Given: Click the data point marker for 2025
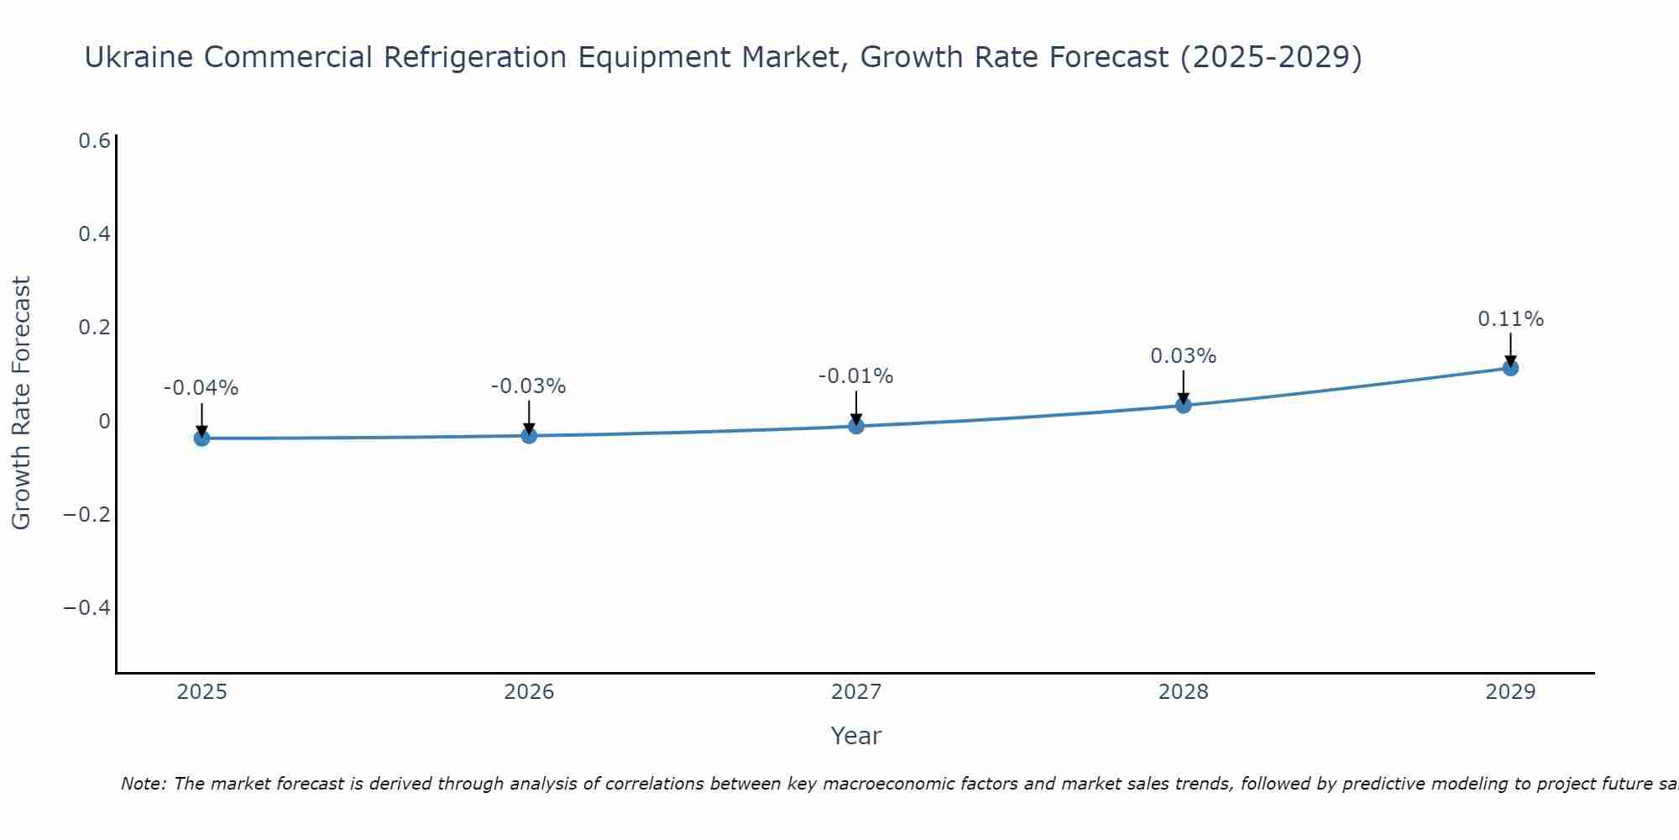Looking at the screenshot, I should pos(201,438).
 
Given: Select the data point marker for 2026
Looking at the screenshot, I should pos(529,435).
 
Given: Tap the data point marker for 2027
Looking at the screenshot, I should pos(856,426).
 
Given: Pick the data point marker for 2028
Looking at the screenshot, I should pos(1184,405).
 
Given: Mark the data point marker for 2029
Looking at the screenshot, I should pos(1510,367).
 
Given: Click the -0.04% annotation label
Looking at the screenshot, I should pos(201,388).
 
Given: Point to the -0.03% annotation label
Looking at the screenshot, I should pos(529,386).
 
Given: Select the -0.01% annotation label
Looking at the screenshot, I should pos(856,376).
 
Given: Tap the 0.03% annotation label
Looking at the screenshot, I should pos(1184,356).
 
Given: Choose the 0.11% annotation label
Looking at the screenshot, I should pos(1510,319).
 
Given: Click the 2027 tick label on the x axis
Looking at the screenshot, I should pos(856,692).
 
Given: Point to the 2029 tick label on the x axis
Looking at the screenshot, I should pos(1510,692).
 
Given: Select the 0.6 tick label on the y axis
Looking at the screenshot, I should pos(94,141).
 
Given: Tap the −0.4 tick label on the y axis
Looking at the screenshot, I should pos(87,607).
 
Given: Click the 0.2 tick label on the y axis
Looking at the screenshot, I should pos(94,328).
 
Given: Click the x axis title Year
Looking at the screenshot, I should pos(856,736).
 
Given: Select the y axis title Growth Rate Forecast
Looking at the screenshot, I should pos(21,403).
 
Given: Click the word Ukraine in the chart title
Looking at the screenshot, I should pos(139,57).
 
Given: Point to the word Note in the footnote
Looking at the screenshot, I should pos(142,784).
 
